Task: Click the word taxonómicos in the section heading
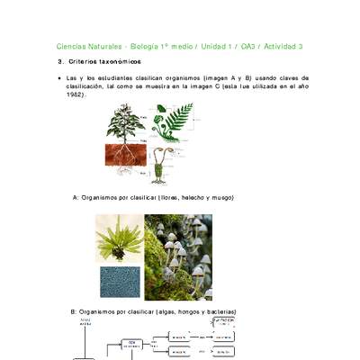click(118, 61)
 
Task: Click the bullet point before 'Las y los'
click(58, 79)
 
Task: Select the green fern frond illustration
click(176, 119)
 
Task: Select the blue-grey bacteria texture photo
click(119, 282)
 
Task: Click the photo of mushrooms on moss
click(178, 257)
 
